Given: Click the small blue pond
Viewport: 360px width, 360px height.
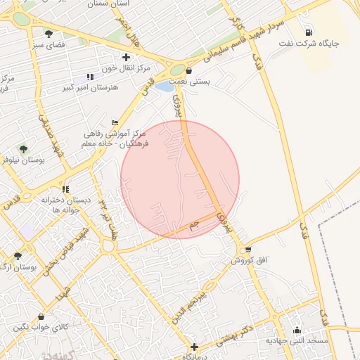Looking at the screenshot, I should point(163,87).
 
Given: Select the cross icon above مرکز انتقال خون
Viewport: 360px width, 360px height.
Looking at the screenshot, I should point(126,57).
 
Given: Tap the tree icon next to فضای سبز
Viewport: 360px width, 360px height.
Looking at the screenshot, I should point(49,34).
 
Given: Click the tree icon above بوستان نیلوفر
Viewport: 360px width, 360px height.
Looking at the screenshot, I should point(23,149).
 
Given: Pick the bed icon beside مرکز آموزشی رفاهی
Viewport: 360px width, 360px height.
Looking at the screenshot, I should point(115,122).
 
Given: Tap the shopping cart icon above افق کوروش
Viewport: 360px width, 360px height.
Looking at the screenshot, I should point(248,250).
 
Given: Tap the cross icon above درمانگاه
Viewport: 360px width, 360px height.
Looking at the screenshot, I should point(195,346).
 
